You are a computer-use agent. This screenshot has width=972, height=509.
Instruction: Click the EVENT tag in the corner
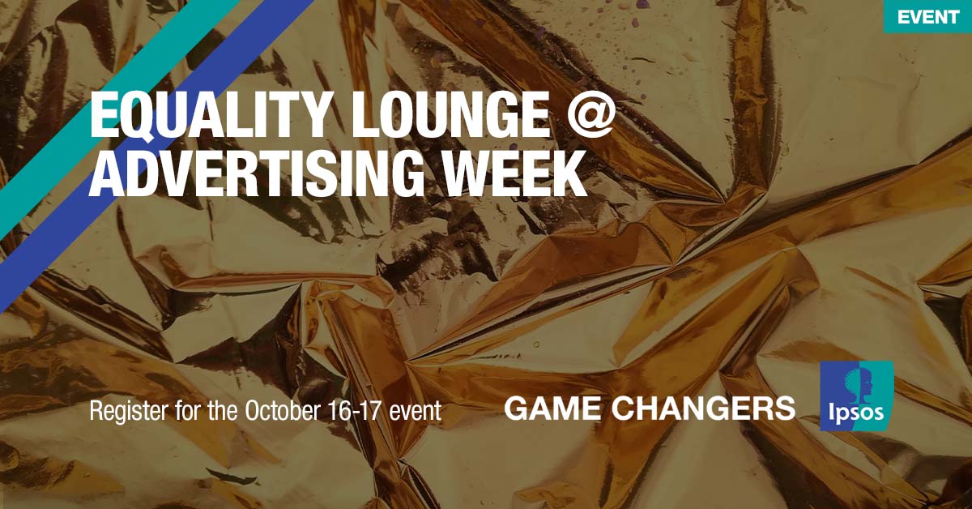[927, 17]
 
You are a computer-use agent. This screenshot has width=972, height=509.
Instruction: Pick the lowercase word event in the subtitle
[416, 410]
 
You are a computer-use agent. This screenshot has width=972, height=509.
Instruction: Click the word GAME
[550, 408]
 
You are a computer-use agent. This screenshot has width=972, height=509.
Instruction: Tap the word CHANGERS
[703, 408]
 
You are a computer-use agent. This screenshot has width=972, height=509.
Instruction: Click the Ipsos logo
[857, 395]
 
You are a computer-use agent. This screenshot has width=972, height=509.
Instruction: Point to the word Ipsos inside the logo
[856, 415]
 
